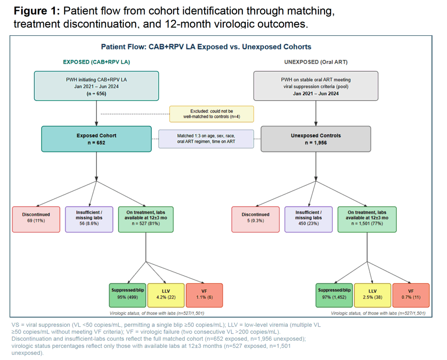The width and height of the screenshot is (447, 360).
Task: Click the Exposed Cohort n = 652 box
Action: [x=96, y=139]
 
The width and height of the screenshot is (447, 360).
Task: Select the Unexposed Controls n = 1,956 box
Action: [x=315, y=139]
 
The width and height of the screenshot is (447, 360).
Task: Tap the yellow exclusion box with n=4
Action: [x=212, y=114]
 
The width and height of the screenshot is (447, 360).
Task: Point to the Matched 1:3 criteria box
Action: [x=206, y=138]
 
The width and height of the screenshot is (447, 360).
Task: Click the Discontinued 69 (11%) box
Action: [x=36, y=220]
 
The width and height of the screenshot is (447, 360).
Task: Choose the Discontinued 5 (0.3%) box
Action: [x=256, y=220]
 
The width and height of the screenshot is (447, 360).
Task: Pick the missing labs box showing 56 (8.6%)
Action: [x=89, y=220]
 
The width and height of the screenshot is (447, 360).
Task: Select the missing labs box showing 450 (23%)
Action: [x=309, y=220]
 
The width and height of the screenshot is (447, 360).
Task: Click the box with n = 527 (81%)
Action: [x=146, y=220]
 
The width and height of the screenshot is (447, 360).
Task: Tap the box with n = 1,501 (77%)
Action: [x=367, y=220]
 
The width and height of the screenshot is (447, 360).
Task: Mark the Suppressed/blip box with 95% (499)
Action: [x=127, y=295]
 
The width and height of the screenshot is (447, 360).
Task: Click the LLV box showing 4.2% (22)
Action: [x=166, y=295]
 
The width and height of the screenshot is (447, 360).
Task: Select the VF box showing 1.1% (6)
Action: [x=204, y=295]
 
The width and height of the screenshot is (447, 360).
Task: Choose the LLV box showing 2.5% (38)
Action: [x=372, y=295]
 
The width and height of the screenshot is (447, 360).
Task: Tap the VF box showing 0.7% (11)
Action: [x=411, y=295]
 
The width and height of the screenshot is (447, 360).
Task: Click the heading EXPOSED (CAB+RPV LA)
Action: [x=96, y=62]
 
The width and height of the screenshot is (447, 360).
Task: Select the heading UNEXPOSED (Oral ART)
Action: [x=316, y=62]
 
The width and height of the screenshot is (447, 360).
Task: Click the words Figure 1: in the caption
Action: [x=37, y=11]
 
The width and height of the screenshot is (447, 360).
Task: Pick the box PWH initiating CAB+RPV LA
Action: [x=96, y=86]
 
